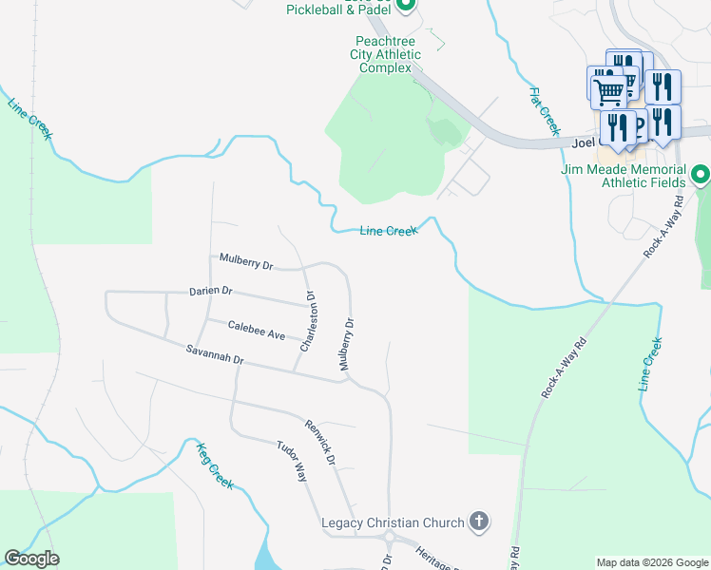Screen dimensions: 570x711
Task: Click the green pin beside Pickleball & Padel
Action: point(406,5)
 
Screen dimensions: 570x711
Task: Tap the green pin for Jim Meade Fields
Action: point(701,175)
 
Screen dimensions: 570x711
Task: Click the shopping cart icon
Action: point(608,91)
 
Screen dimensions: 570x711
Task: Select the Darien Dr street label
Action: point(210,291)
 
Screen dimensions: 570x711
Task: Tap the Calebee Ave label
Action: point(257,331)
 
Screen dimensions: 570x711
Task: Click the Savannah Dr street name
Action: point(216,355)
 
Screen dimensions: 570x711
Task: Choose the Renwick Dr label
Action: point(320,443)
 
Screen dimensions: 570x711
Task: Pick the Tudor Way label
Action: point(292,461)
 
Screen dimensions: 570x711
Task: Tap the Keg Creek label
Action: point(215,465)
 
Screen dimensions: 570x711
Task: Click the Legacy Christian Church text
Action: point(393,522)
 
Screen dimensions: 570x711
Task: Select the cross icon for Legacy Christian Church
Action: point(480,522)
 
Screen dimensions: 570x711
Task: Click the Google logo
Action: point(31,559)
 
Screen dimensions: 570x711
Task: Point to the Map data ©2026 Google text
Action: point(651,562)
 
